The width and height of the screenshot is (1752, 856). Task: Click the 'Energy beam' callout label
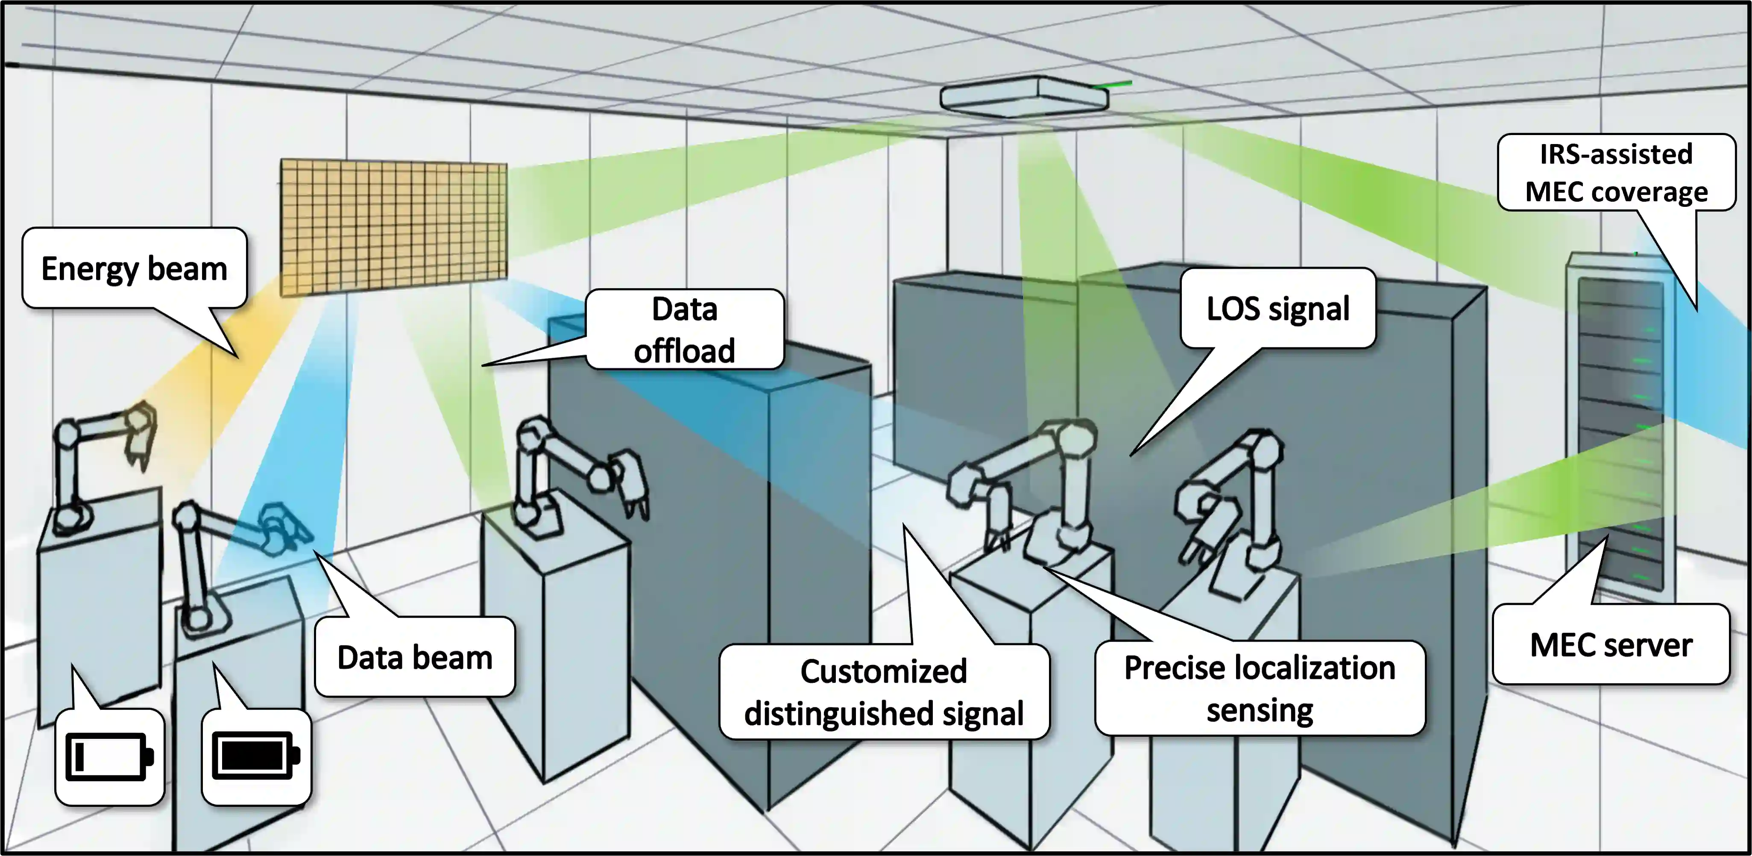point(134,268)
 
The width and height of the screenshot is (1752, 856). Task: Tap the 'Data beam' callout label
point(414,657)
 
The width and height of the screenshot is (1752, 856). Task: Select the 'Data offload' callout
point(684,330)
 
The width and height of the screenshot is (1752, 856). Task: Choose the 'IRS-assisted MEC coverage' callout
point(1616,173)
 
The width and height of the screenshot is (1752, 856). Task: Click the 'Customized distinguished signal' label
point(884,691)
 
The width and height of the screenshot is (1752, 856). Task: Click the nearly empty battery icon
point(109,756)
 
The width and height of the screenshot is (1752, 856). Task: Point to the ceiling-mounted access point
point(1024,96)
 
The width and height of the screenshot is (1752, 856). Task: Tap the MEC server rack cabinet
point(1620,422)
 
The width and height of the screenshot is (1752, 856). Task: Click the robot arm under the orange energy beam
point(102,463)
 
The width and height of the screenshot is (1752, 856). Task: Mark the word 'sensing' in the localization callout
point(1260,710)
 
